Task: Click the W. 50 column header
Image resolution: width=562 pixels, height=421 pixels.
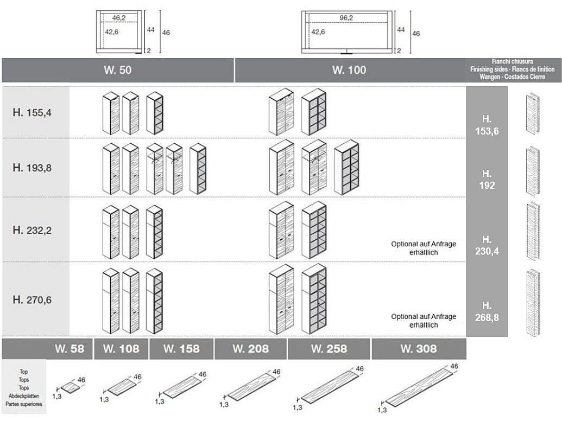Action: click(x=117, y=70)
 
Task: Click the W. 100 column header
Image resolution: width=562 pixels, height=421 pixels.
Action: click(x=349, y=70)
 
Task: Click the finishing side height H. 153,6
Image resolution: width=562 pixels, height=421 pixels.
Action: click(x=487, y=125)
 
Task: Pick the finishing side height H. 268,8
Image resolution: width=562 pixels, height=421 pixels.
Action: click(x=487, y=311)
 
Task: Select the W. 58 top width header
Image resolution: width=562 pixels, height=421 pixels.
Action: click(x=70, y=349)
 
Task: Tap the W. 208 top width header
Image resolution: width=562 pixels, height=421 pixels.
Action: click(x=250, y=349)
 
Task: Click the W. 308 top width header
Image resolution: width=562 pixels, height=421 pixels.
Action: click(x=418, y=349)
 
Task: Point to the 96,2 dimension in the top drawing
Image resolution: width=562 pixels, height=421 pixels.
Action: click(x=346, y=18)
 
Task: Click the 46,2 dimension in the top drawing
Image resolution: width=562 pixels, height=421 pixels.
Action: click(x=119, y=18)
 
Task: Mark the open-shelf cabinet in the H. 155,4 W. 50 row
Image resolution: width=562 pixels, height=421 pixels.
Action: click(x=155, y=113)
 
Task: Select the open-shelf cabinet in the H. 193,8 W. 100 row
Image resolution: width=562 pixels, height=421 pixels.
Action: click(x=346, y=167)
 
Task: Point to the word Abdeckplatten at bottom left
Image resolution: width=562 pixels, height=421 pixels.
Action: click(x=24, y=396)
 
